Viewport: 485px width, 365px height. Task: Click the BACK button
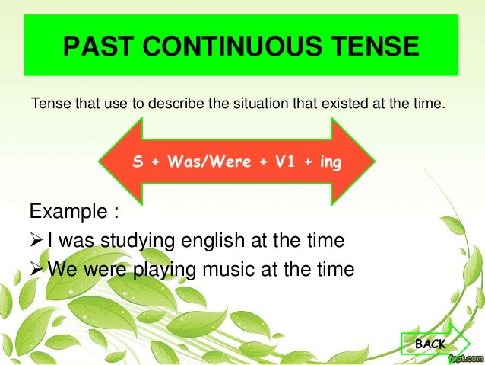(430, 344)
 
